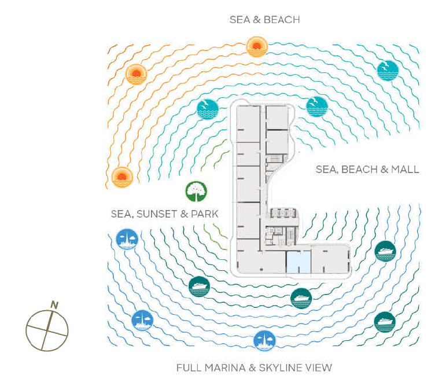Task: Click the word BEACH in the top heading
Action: [282, 20]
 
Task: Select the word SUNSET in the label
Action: [157, 214]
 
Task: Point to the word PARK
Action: [204, 214]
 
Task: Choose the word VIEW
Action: [322, 367]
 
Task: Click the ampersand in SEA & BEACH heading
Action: [256, 20]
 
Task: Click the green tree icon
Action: [196, 192]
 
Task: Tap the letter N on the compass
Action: [54, 305]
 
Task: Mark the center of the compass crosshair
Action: [47, 330]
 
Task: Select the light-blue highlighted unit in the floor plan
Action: [299, 262]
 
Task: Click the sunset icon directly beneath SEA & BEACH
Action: [257, 47]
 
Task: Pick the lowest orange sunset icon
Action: [122, 177]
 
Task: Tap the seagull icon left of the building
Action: [208, 109]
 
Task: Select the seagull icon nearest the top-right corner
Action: [388, 71]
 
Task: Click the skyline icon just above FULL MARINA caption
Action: [264, 341]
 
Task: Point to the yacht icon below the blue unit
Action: [301, 299]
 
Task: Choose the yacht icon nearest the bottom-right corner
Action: [385, 322]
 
